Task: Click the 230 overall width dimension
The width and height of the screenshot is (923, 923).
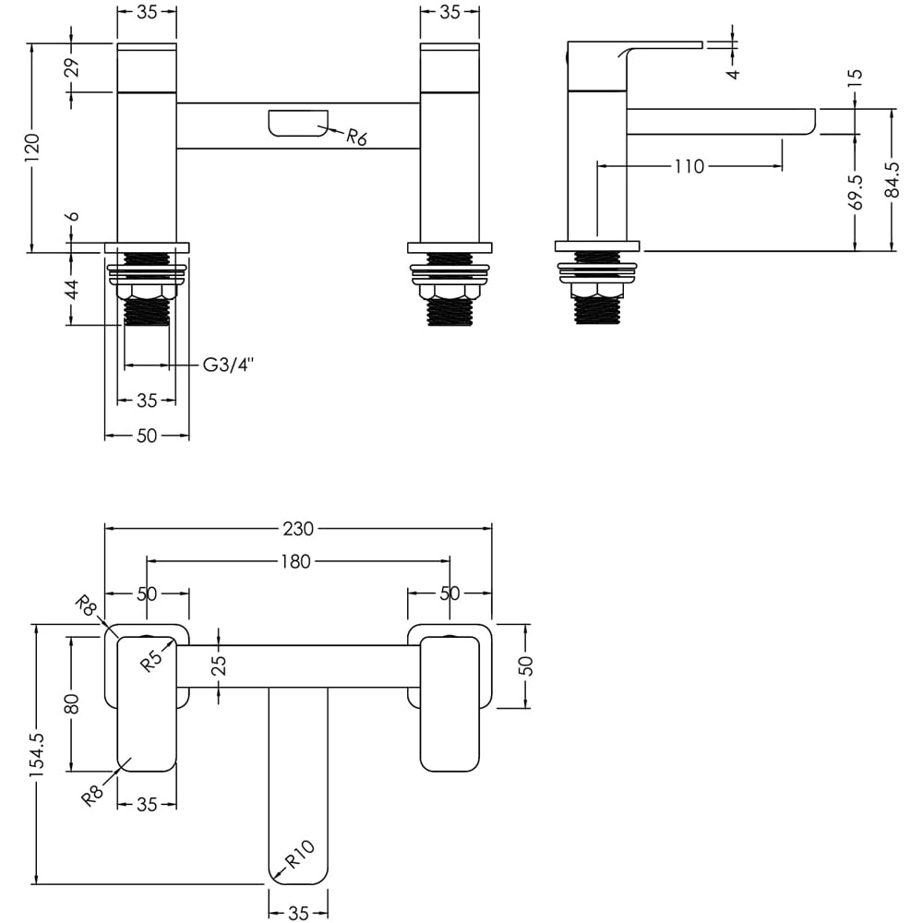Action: click(x=299, y=529)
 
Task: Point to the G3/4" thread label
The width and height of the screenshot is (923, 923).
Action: click(x=228, y=366)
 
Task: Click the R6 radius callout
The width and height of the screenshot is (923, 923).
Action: click(x=357, y=138)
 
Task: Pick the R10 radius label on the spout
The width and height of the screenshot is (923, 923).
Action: click(x=301, y=855)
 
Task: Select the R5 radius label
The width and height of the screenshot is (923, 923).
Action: click(x=153, y=658)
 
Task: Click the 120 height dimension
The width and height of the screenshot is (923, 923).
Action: click(x=32, y=147)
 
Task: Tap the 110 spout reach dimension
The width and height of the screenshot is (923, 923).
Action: click(x=689, y=166)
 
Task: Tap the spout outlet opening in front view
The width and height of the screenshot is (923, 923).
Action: click(x=297, y=123)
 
